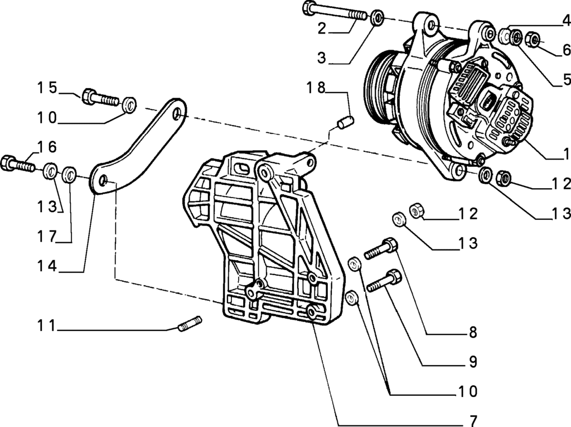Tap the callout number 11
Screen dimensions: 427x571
(47, 325)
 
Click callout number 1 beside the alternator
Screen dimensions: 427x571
(565, 152)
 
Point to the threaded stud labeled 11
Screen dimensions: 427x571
(190, 323)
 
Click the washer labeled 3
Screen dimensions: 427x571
(378, 17)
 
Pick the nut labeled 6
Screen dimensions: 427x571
(533, 40)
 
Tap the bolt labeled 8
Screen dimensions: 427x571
(381, 248)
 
